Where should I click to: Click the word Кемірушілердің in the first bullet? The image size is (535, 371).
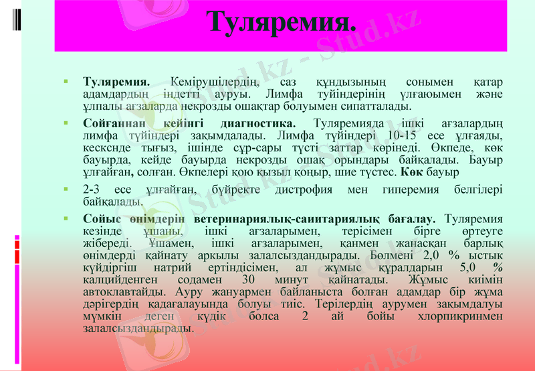pyautogui.click(x=215, y=82)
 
